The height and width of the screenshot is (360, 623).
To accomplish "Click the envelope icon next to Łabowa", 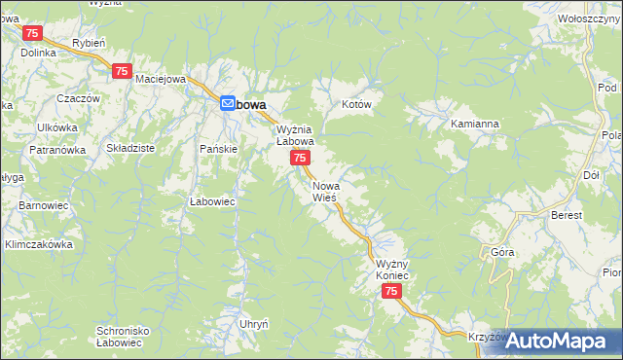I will click(227, 103).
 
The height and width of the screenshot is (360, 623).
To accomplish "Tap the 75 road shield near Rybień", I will click(122, 71).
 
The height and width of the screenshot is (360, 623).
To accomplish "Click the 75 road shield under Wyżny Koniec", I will click(391, 292).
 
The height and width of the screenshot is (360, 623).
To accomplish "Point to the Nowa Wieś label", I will click(325, 191).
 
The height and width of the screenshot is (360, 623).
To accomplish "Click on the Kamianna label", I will click(475, 125).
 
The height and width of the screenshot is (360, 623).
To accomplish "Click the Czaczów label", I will click(79, 99).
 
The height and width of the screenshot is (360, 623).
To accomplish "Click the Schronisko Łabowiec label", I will click(122, 337).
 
